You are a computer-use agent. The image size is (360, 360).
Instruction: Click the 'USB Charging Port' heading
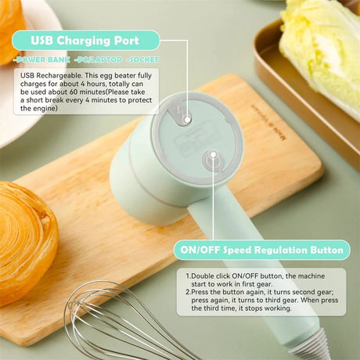(x=86, y=40)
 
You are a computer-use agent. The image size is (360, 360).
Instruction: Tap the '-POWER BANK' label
(x=38, y=59)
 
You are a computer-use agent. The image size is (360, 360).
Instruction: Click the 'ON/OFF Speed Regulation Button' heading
(x=261, y=250)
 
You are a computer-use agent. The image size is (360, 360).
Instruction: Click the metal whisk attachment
(x=117, y=321)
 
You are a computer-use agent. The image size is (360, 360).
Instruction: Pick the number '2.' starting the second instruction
(x=189, y=292)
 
